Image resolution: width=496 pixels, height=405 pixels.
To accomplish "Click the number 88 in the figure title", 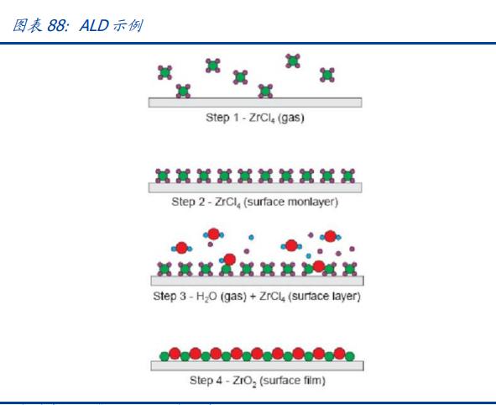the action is point(58,26).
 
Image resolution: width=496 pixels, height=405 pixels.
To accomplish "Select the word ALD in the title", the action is point(94,26).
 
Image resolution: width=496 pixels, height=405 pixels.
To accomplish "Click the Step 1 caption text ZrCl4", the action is point(262,118).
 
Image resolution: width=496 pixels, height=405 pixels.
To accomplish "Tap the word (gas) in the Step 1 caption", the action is point(291,118).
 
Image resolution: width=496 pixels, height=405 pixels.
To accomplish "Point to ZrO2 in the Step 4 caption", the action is point(244,381).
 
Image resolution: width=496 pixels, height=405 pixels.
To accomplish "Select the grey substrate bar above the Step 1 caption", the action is point(255,103).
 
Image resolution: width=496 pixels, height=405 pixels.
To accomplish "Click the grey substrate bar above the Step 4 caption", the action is point(257,366).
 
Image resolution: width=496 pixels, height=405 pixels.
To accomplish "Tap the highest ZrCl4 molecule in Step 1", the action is point(293,60).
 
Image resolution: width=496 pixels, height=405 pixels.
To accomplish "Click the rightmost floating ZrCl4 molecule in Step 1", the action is point(327,75).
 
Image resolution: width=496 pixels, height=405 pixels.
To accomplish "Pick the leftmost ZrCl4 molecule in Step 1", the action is point(164,72).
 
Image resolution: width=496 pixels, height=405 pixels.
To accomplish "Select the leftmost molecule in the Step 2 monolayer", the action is point(163,176).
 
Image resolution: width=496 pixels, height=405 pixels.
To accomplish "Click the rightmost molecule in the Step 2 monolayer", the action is point(347,176).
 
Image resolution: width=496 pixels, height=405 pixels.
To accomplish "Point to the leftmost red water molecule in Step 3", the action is point(181,248).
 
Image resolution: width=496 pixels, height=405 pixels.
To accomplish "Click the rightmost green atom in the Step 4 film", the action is point(349,356).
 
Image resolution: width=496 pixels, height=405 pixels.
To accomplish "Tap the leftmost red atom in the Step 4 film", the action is point(175,354).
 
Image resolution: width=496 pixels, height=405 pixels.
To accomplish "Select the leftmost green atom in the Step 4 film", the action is point(164,356).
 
